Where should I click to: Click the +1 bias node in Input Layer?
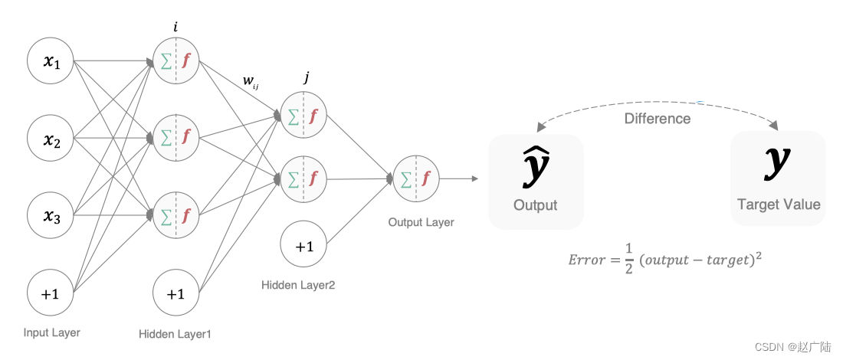click(x=51, y=293)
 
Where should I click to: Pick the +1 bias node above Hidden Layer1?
click(x=176, y=293)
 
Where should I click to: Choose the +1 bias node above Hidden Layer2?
click(x=304, y=247)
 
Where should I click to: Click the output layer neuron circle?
click(x=415, y=179)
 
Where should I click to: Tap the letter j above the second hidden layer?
click(x=307, y=77)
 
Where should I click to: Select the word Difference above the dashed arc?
click(x=658, y=119)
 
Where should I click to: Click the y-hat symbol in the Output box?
click(x=536, y=167)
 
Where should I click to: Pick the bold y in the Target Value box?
click(x=778, y=162)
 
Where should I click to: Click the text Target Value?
click(x=779, y=205)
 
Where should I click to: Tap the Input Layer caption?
click(x=51, y=332)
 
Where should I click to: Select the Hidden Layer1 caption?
click(x=175, y=334)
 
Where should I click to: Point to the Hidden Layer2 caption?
click(x=299, y=285)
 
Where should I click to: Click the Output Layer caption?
click(x=421, y=222)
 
